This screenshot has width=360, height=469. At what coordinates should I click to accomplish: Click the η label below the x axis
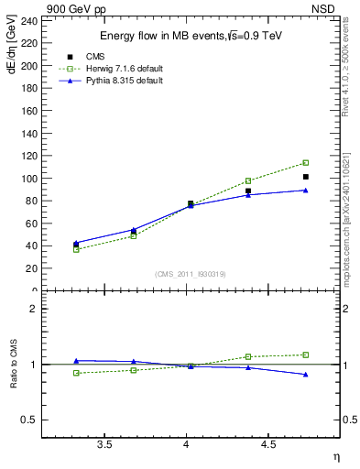(x=335, y=455)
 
